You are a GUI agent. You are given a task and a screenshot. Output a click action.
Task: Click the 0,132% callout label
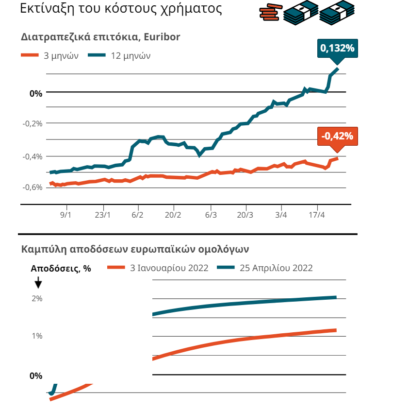pos(337,49)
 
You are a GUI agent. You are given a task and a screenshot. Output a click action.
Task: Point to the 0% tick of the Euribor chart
pos(36,93)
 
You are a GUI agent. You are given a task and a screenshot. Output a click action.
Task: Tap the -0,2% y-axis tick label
pos(33,123)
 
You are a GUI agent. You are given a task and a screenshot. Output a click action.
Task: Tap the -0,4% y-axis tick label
pos(33,156)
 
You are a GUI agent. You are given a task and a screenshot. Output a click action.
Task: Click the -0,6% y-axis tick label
pos(33,188)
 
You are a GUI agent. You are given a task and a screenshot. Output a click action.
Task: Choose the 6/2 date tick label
pos(138,214)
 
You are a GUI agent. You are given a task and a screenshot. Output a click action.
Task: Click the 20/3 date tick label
pos(245,214)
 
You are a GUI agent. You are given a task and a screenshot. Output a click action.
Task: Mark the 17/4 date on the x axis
pos(317,214)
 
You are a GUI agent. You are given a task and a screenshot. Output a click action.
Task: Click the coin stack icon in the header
pos(271,12)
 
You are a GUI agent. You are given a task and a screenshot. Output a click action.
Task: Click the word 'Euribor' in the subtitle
pos(164,37)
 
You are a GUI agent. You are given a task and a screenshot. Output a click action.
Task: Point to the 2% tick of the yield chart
pos(37,299)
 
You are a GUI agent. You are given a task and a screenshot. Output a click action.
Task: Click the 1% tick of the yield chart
pos(37,336)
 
